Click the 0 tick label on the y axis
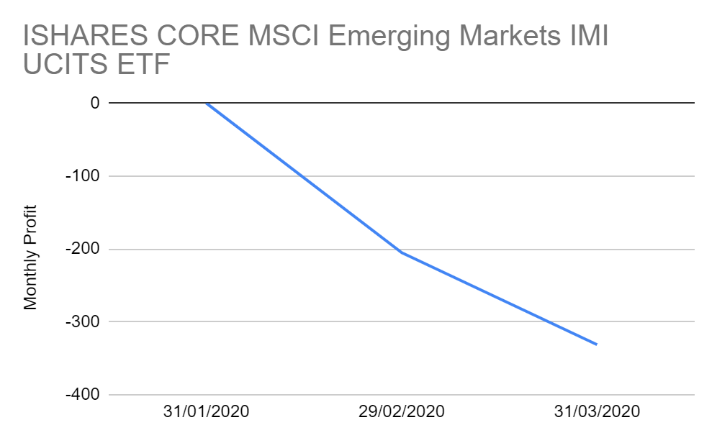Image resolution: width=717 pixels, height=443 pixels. coord(94,103)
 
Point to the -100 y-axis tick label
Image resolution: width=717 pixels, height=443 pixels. coord(84,176)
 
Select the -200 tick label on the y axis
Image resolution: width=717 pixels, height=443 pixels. coord(84,250)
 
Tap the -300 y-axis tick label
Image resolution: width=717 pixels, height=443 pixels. coord(84,322)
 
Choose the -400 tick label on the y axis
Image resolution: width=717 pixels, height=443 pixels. coord(84,396)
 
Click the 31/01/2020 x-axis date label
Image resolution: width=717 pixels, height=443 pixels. coord(206,413)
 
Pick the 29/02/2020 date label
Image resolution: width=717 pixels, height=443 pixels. coord(401,413)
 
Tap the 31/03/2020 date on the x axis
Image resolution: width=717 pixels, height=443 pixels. coord(597,413)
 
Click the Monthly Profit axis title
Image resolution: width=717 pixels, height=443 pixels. coord(30,257)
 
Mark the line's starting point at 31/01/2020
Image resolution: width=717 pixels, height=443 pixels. coord(207,103)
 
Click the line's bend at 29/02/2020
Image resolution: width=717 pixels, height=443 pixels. coord(401,252)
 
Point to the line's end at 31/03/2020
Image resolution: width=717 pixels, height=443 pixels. coord(597,344)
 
